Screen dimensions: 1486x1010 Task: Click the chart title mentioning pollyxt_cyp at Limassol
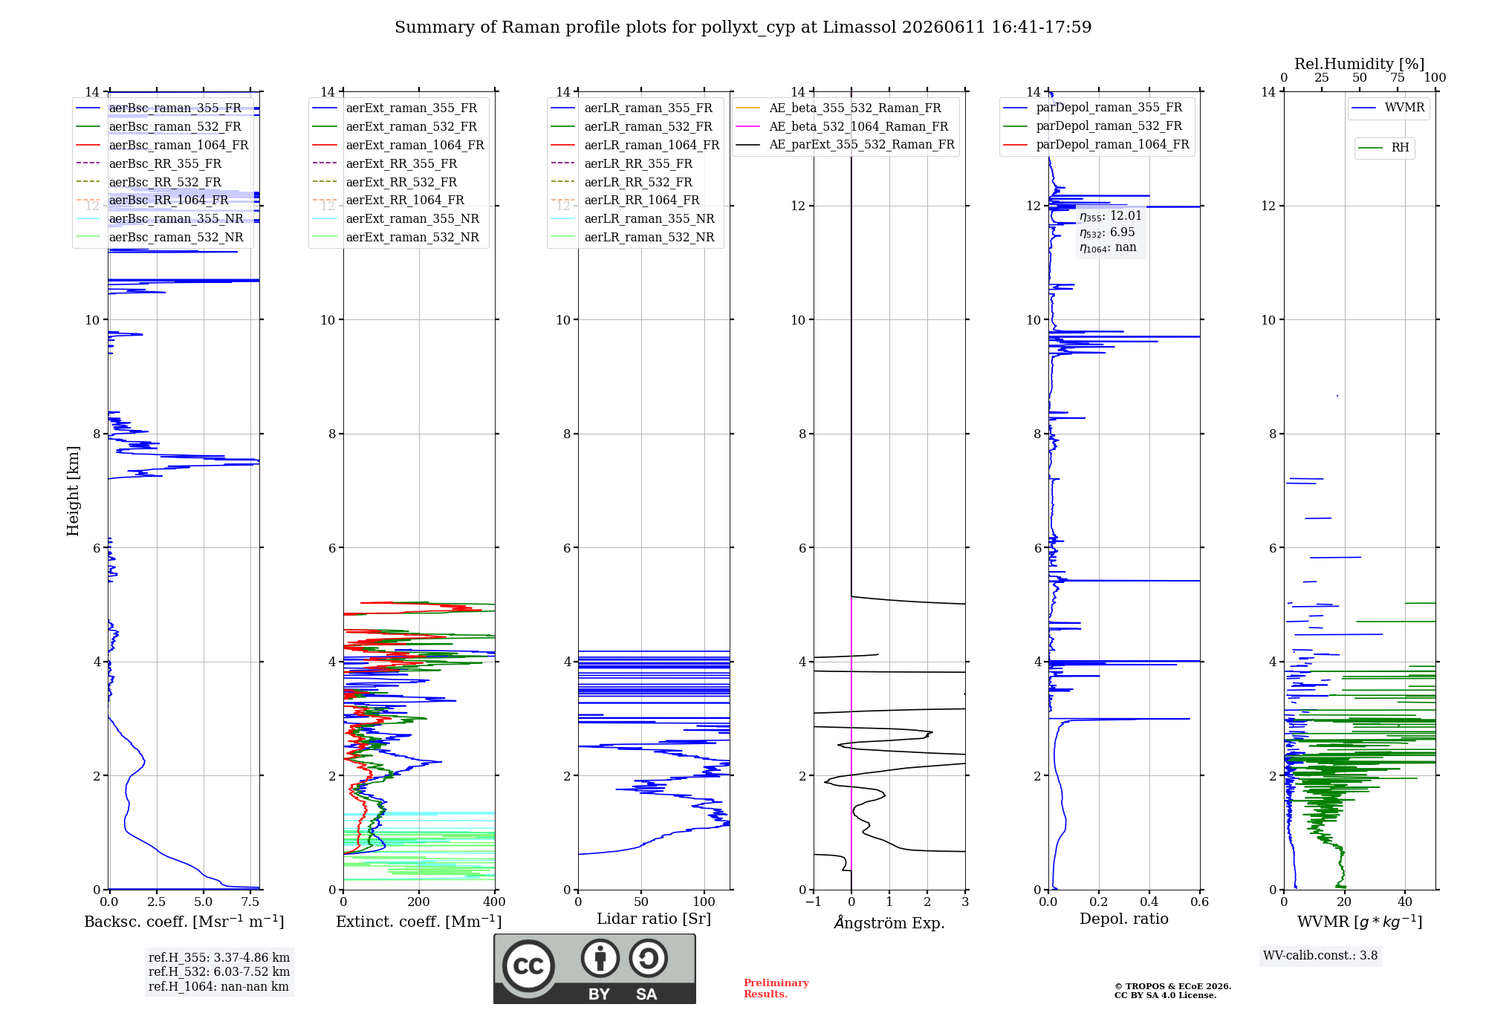point(743,27)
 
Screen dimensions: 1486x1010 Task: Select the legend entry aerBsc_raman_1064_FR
point(163,145)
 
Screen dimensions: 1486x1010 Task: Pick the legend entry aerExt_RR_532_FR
point(385,182)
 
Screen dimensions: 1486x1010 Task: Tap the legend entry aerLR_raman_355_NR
point(633,218)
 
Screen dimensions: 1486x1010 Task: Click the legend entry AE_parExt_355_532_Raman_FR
point(846,144)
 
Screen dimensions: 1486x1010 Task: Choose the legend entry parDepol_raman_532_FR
point(1093,126)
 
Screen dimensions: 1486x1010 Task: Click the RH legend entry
point(1384,148)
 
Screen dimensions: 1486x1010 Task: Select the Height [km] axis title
point(73,491)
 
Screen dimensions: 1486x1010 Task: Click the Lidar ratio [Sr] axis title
point(654,919)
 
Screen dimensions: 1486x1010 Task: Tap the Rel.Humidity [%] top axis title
point(1360,64)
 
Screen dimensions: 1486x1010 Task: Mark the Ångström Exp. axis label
point(889,922)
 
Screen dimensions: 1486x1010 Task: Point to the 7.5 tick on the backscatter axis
point(250,902)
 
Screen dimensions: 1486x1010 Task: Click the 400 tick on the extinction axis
point(494,902)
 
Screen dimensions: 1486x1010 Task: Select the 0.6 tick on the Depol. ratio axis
point(1200,902)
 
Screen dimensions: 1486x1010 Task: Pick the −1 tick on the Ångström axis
point(814,902)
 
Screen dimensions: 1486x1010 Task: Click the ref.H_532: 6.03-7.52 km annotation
point(219,972)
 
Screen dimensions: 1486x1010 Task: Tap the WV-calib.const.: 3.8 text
point(1320,956)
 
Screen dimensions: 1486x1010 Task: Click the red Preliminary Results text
point(776,988)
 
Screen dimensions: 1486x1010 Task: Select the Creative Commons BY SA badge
point(594,969)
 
